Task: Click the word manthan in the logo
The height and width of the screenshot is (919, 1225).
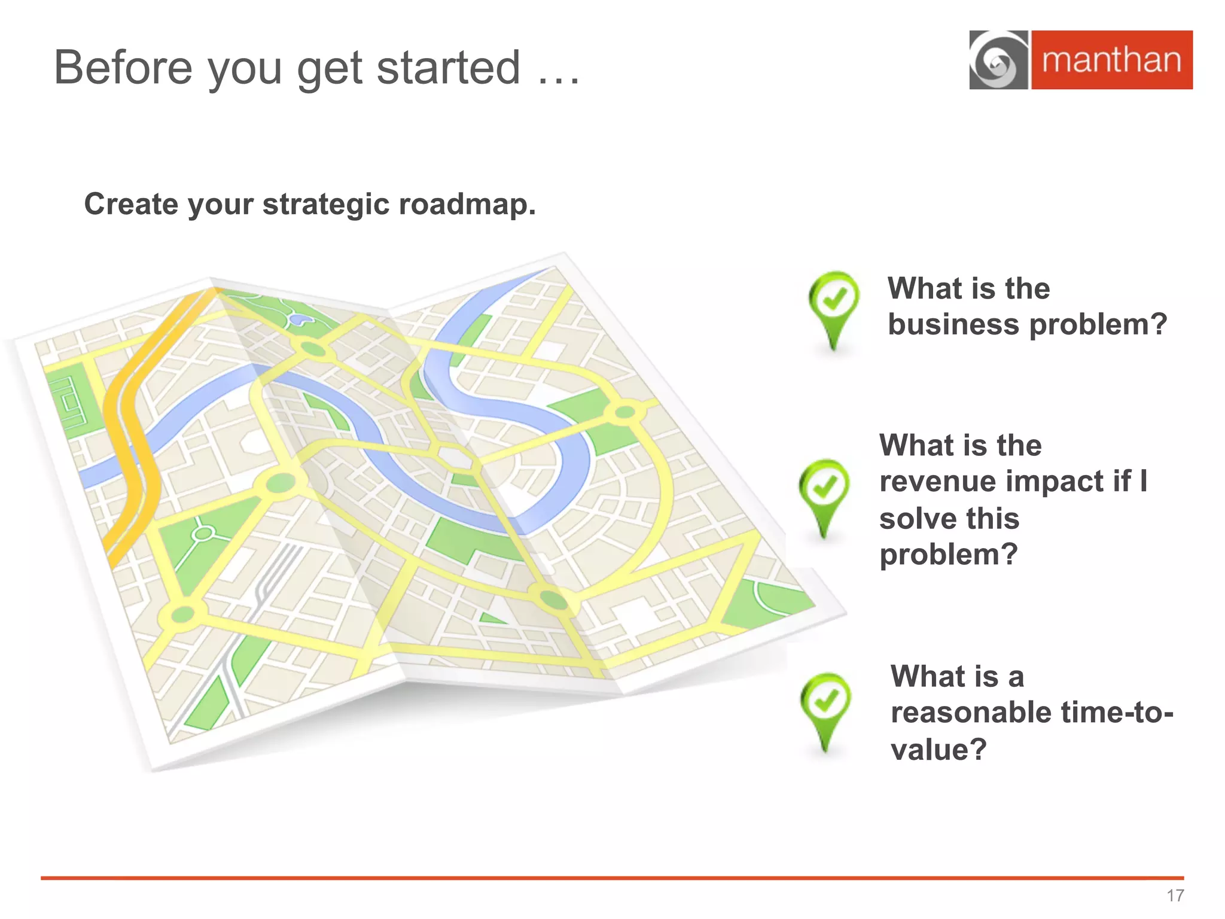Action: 1111,60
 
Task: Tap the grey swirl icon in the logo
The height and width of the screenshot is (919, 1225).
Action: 998,60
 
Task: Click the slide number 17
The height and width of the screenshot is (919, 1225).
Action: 1175,896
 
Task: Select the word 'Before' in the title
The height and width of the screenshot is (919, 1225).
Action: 123,68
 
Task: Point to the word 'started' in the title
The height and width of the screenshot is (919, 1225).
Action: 448,68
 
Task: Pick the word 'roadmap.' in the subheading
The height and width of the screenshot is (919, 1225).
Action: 467,204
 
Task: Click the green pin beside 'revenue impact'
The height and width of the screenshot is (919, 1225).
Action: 824,494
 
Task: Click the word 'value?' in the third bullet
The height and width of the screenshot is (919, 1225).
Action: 938,749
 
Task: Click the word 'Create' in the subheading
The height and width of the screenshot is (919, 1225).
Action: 131,204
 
